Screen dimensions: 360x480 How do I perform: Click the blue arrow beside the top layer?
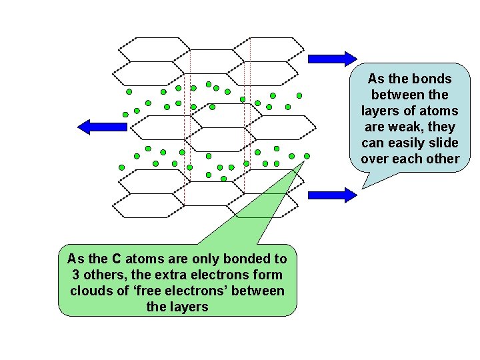pyautogui.click(x=333, y=58)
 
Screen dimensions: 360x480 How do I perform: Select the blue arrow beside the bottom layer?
pyautogui.click(x=333, y=195)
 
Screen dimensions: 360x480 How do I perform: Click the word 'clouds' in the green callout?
pyautogui.click(x=91, y=291)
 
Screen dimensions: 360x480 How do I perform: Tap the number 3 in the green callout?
pyautogui.click(x=73, y=275)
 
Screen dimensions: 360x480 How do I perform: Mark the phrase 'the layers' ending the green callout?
pyautogui.click(x=177, y=307)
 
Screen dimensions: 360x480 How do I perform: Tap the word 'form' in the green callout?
pyautogui.click(x=269, y=275)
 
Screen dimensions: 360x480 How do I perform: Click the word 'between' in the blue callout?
pyautogui.click(x=397, y=95)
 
